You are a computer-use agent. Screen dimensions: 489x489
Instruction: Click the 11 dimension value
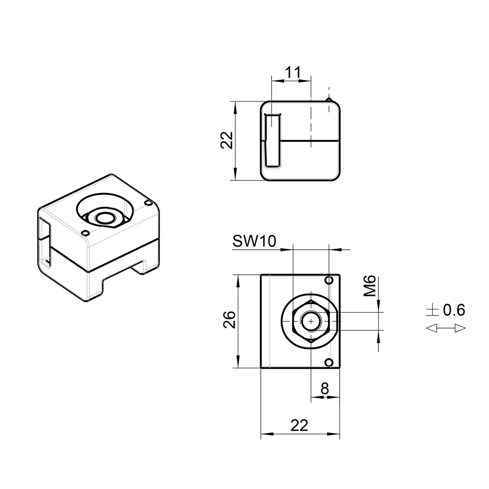(x=293, y=73)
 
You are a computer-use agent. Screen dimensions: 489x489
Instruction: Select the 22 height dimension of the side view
(x=228, y=140)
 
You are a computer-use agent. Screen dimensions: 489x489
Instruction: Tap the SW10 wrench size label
(x=254, y=242)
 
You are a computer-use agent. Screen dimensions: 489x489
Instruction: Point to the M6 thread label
(x=371, y=286)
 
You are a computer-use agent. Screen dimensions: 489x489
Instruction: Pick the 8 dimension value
(x=325, y=389)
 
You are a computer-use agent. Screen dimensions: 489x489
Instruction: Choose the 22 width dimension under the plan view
(x=299, y=425)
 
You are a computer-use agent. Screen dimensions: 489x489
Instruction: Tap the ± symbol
(x=432, y=310)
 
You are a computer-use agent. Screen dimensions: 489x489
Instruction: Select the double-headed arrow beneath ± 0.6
(x=445, y=328)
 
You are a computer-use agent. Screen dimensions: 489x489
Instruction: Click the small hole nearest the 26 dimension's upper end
(x=329, y=280)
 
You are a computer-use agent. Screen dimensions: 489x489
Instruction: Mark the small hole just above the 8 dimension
(x=329, y=363)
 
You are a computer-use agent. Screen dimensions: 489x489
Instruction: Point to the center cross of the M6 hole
(x=311, y=322)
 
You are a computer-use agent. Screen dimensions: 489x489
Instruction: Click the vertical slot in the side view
(x=273, y=140)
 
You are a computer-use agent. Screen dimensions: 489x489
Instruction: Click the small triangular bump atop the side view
(x=329, y=99)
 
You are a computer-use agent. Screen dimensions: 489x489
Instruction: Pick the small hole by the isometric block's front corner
(x=85, y=233)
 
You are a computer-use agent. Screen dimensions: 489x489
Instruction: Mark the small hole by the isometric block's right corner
(x=148, y=203)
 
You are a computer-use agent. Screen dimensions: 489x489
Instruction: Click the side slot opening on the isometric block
(x=44, y=244)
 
